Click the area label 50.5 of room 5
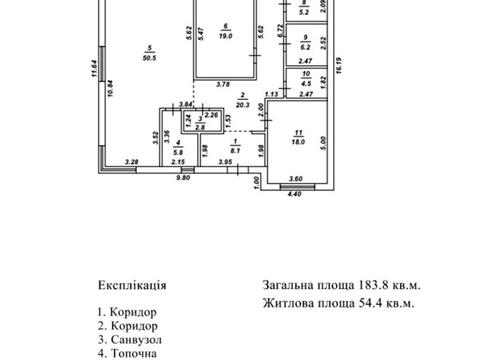(149, 58)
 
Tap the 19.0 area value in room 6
(226, 37)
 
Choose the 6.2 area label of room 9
(304, 47)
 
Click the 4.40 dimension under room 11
(293, 192)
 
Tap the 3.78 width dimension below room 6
(224, 84)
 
